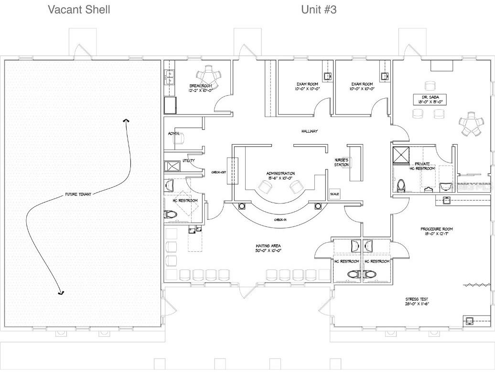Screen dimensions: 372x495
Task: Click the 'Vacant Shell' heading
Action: pyautogui.click(x=79, y=10)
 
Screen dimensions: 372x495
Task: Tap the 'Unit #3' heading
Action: pyautogui.click(x=319, y=10)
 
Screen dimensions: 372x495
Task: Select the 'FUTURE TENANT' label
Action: pyautogui.click(x=78, y=194)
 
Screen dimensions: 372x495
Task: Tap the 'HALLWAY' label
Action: pyautogui.click(x=310, y=131)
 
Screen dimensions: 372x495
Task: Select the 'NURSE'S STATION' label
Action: pyautogui.click(x=342, y=162)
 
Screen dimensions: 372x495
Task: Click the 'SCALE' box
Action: pyautogui.click(x=334, y=194)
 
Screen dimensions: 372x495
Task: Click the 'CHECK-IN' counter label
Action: pyautogui.click(x=280, y=220)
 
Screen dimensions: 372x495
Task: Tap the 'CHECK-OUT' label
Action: pyautogui.click(x=219, y=172)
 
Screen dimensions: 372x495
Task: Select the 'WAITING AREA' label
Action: pyautogui.click(x=268, y=248)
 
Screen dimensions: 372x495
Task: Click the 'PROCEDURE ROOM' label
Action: pyautogui.click(x=437, y=231)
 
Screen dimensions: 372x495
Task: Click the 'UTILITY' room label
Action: pyautogui.click(x=188, y=160)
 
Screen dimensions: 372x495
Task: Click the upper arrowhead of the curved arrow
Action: pyautogui.click(x=126, y=121)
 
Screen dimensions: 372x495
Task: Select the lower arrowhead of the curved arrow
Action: pyautogui.click(x=61, y=292)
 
